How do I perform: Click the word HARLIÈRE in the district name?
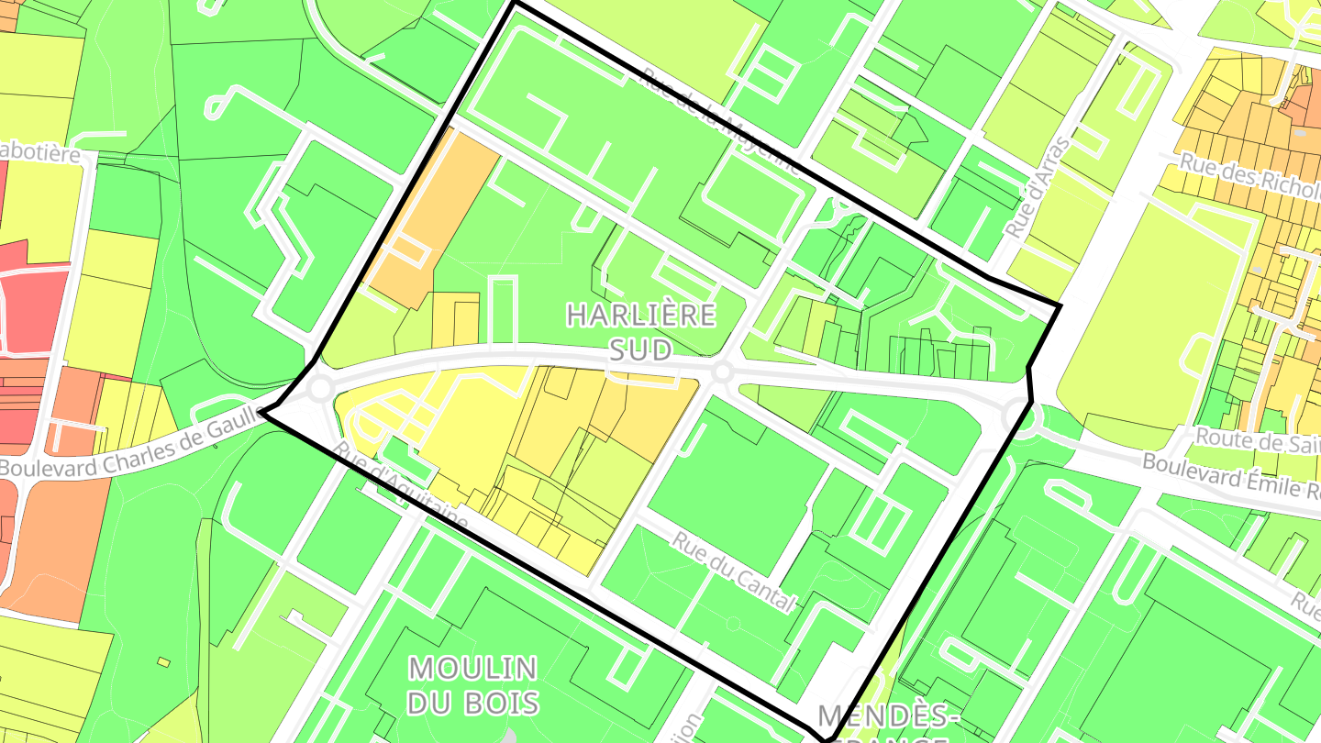tap(640, 316)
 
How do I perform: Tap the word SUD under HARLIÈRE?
tap(640, 349)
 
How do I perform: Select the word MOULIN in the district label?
tap(472, 667)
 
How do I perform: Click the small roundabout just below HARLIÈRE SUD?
tap(722, 371)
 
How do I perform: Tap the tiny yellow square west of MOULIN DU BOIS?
tap(163, 661)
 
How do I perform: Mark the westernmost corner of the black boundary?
tap(263, 413)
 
